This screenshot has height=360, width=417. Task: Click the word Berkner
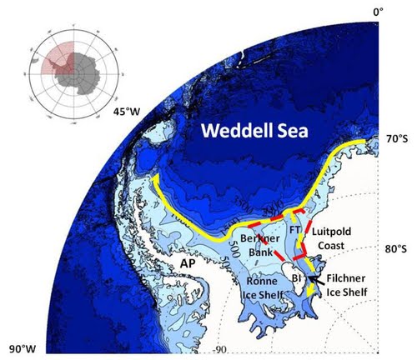(x=255, y=240)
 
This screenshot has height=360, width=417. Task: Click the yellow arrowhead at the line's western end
(x=154, y=179)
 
